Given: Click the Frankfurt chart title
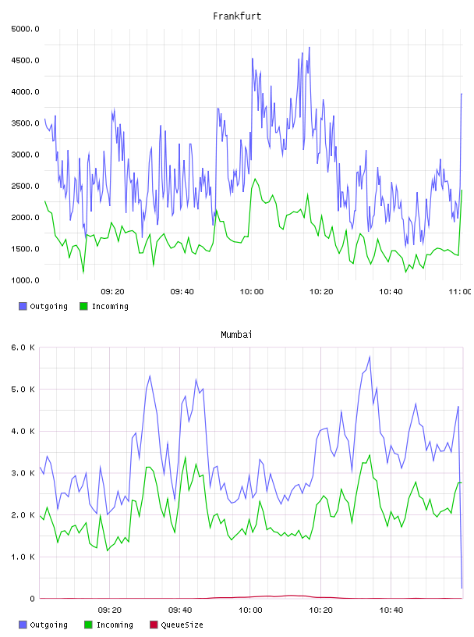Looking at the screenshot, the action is (237, 16).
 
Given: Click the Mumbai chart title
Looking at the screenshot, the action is (236, 335).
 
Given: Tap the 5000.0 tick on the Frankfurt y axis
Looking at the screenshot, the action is (26, 29).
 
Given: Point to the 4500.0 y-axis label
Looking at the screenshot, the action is (26, 61).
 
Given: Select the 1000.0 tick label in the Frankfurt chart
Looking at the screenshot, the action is (26, 280).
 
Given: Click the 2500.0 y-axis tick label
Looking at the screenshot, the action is (26, 186).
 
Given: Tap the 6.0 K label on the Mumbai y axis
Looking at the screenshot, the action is (23, 347).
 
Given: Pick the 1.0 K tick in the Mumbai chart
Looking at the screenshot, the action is (23, 557).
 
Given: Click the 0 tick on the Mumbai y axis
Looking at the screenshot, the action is (33, 599).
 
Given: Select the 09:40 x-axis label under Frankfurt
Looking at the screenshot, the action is (182, 292).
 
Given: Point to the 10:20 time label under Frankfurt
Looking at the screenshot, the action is (321, 292).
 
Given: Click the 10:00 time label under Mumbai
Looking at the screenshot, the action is (250, 610).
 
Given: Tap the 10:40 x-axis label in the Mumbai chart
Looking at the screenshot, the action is (391, 610).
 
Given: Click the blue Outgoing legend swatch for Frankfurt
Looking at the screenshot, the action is (23, 306).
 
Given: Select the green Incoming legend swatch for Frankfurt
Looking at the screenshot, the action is (83, 306).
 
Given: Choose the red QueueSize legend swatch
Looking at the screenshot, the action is (154, 625).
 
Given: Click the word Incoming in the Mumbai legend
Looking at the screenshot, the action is (115, 625).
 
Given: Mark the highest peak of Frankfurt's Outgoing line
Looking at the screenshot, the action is (310, 47).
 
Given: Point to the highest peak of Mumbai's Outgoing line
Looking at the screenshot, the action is (370, 357).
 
